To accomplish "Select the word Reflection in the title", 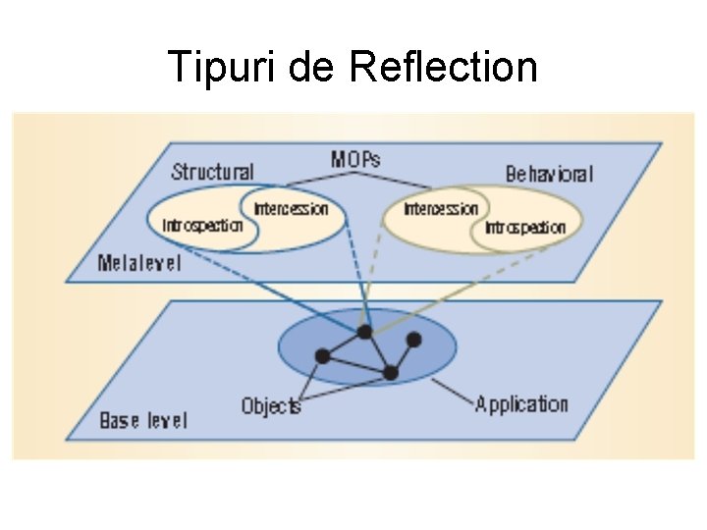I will pos(443,68).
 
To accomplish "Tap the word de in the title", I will pos(312,68).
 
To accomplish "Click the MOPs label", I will pos(356,159).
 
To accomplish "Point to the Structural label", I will pos(213,172).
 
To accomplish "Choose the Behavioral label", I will pos(549,174).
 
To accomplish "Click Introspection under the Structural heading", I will pos(202,225).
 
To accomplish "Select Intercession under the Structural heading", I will pos(291,208).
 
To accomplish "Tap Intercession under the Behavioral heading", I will pos(441,208).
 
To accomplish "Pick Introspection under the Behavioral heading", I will pos(525,228).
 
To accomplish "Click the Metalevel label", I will pos(139,263).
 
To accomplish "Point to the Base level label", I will pos(143,420).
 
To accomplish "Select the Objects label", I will pos(271,404).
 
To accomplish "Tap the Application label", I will pos(521,403).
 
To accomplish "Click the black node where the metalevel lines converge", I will pos(365,332).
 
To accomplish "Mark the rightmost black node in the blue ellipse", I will pos(413,340).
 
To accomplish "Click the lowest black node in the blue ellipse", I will pos(390,373).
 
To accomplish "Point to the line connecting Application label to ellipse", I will pos(451,392).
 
